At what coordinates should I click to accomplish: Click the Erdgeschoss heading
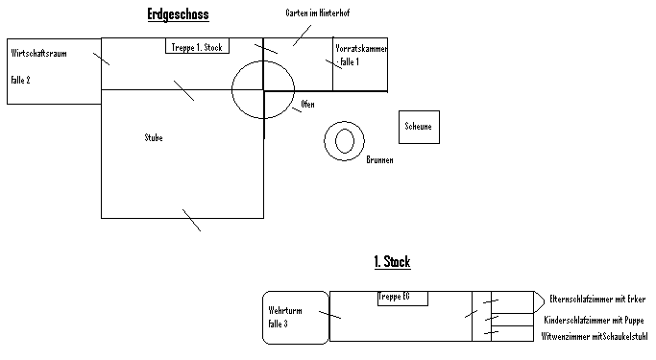179,14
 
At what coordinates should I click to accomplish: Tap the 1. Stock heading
393,262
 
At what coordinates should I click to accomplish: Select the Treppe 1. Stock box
198,46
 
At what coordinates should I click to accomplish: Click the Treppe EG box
402,299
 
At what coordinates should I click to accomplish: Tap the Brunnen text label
379,159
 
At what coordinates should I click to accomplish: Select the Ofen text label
307,104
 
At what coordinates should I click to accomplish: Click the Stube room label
154,137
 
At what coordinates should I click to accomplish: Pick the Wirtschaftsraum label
39,53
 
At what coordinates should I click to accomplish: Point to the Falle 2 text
20,80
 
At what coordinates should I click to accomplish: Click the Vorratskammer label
361,49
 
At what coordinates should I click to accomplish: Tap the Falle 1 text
350,61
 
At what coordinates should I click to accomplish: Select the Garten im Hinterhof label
318,13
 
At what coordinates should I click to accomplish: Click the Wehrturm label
285,311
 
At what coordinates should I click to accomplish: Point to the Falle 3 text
278,324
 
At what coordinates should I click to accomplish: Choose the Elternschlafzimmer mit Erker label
597,300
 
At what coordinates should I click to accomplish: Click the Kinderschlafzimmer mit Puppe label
594,321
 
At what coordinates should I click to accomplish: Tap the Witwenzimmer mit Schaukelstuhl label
595,337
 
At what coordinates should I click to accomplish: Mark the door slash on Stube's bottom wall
191,221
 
